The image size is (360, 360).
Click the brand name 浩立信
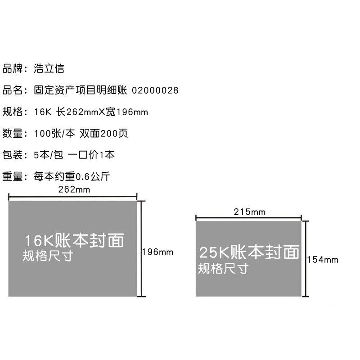49,69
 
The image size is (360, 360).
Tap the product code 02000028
155,90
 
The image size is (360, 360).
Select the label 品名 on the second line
12,90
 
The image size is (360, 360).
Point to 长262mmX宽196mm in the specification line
102,112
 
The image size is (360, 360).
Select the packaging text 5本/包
48,155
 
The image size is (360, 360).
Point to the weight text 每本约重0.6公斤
72,176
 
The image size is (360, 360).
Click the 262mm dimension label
74,189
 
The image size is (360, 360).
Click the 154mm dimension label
323,260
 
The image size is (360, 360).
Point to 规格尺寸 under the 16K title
48,256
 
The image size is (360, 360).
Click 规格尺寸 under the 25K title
223,269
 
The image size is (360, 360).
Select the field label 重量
12,176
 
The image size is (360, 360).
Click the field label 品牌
12,69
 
